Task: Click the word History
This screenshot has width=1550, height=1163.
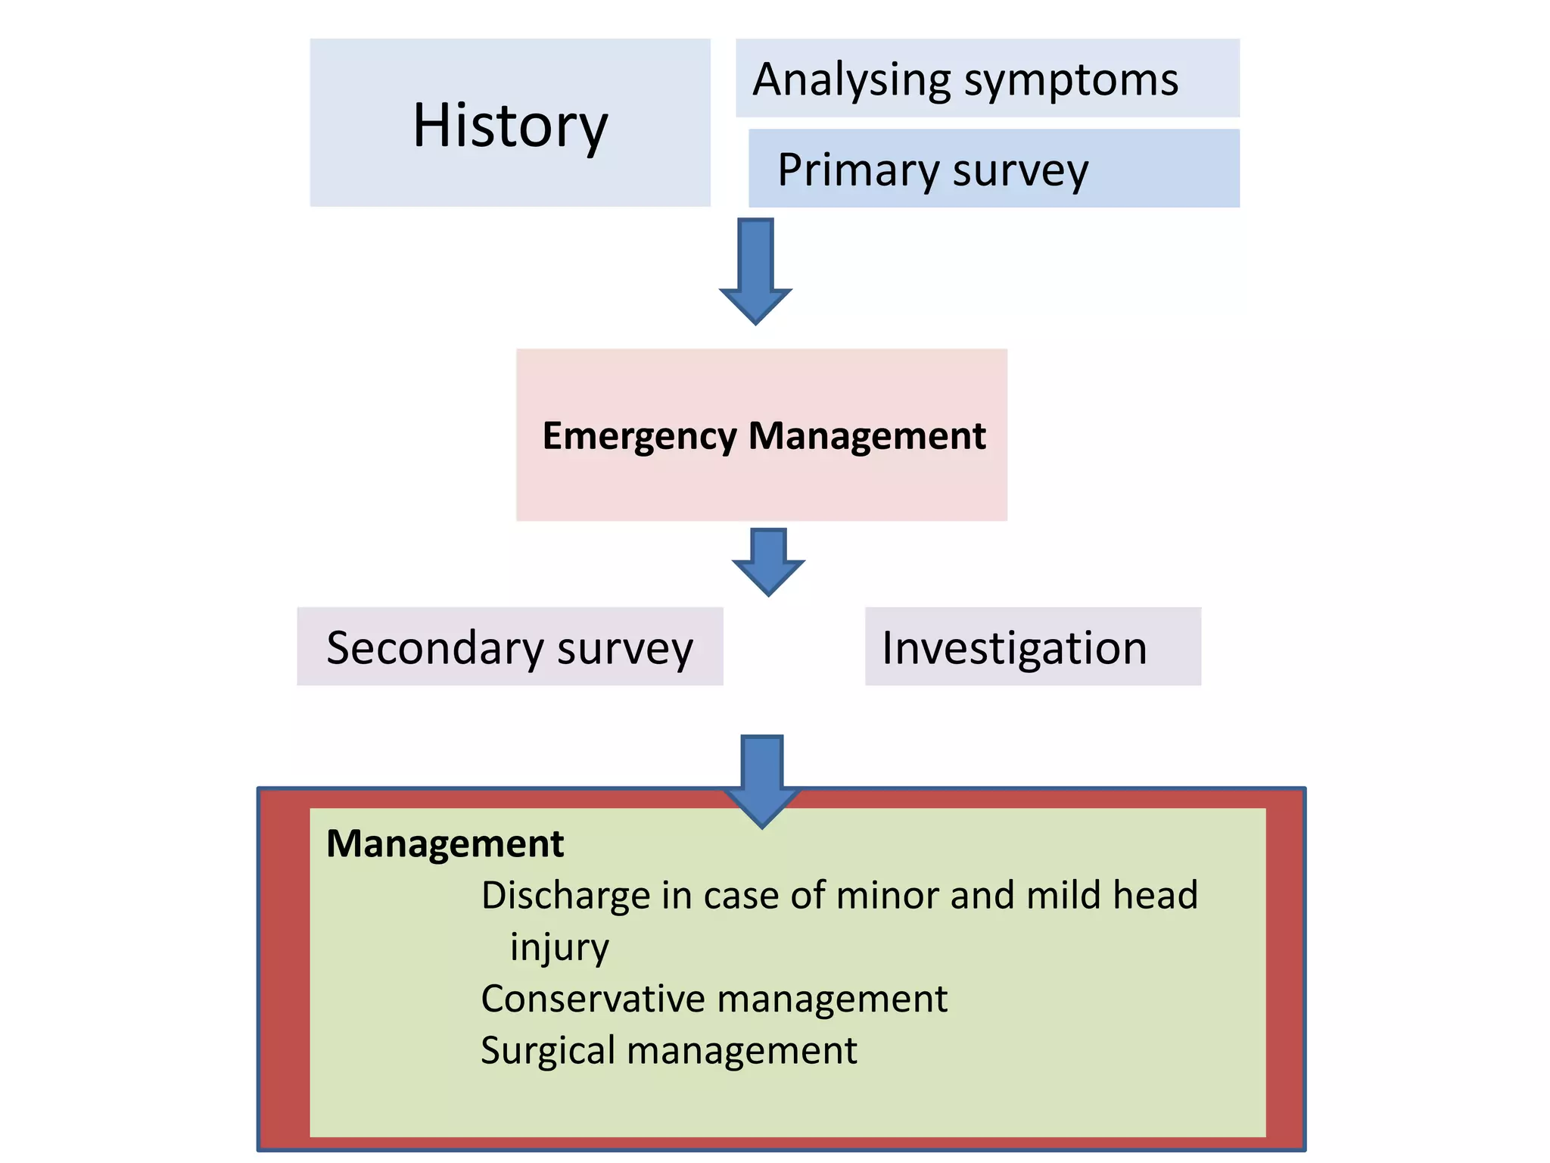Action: (x=509, y=125)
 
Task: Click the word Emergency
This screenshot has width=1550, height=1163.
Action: (x=640, y=437)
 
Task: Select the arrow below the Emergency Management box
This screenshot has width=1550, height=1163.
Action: (x=768, y=561)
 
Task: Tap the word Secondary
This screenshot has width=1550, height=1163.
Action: (x=435, y=648)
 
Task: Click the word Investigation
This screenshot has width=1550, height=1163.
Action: (x=1014, y=649)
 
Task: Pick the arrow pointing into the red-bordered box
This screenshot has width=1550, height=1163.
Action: (x=762, y=780)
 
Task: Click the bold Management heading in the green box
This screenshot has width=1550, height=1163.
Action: (x=445, y=843)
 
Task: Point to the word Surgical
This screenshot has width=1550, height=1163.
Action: (x=548, y=1051)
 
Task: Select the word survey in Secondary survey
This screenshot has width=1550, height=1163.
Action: (x=625, y=650)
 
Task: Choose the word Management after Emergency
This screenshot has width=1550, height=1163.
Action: (x=867, y=437)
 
